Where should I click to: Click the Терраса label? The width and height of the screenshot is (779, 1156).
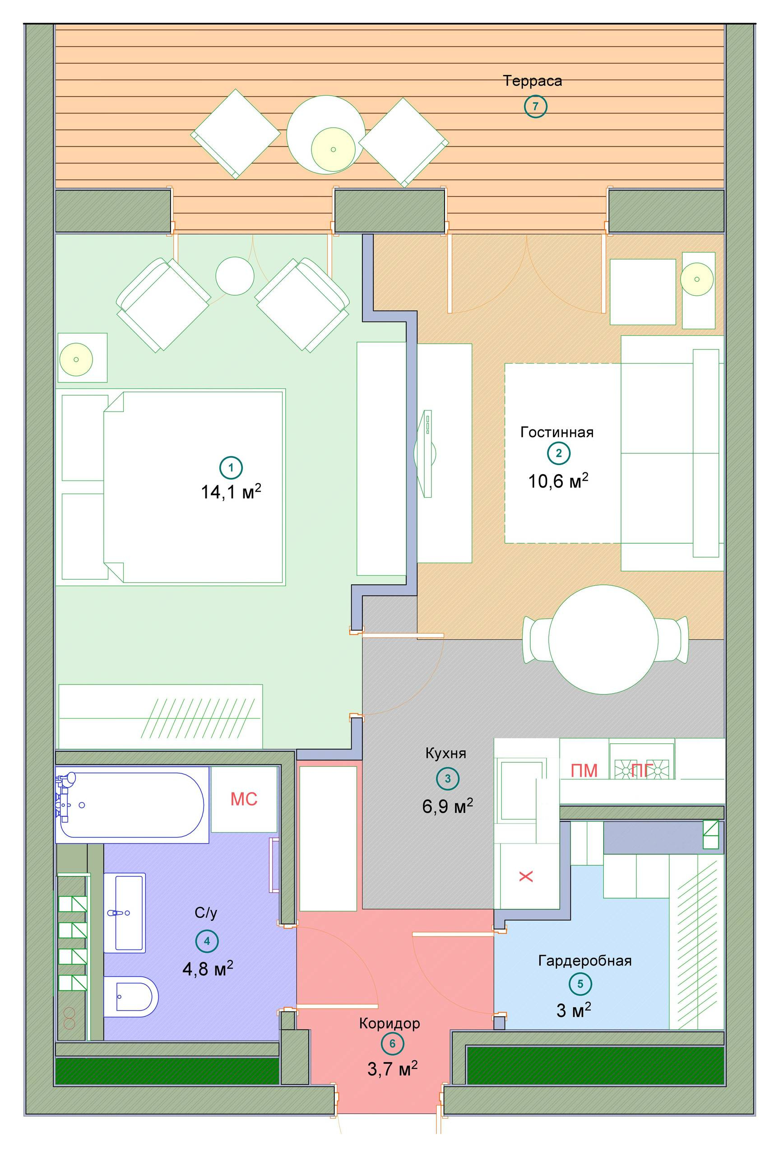[x=532, y=80]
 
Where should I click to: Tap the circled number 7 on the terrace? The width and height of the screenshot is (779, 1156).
[x=535, y=107]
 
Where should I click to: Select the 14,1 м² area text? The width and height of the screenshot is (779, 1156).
[x=231, y=492]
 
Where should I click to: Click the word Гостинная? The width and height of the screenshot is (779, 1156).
[x=557, y=432]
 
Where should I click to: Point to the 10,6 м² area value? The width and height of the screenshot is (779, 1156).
[x=557, y=480]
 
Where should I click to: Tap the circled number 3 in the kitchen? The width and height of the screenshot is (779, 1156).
[x=447, y=778]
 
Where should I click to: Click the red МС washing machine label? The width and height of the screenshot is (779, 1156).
[x=243, y=799]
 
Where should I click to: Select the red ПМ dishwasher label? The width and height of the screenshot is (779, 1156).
[x=584, y=770]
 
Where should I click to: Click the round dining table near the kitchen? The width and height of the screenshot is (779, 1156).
[x=603, y=639]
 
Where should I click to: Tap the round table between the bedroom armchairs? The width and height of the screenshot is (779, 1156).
[x=235, y=276]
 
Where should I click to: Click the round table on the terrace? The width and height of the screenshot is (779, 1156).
[x=325, y=133]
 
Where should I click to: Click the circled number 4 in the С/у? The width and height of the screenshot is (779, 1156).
[x=207, y=941]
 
